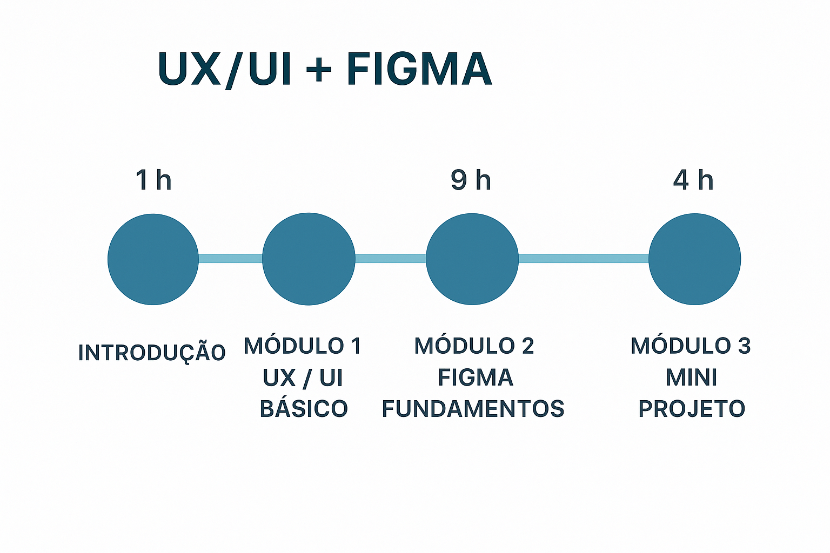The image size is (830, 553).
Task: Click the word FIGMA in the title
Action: [x=419, y=69]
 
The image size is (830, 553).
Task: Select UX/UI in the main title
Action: [x=225, y=69]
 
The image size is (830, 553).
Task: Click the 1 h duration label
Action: [x=153, y=180]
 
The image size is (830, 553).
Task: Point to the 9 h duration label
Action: [x=471, y=180]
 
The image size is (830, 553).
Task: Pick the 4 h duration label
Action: [x=693, y=180]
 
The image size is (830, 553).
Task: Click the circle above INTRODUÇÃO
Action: [x=153, y=259]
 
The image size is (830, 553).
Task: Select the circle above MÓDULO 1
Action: [x=309, y=259]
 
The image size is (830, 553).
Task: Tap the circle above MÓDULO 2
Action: [x=472, y=259]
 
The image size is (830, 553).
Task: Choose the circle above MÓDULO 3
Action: [x=694, y=259]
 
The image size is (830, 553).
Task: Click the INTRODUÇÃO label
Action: [x=152, y=353]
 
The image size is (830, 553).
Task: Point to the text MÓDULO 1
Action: [x=302, y=346]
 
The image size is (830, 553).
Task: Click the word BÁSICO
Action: [x=304, y=409]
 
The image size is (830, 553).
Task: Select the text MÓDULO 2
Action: [x=474, y=346]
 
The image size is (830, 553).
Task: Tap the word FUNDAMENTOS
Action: [x=473, y=409]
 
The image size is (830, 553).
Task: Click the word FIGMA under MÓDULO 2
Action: [x=475, y=377]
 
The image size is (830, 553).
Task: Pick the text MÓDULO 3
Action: [x=691, y=346]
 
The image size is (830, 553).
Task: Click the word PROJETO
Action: [x=692, y=409]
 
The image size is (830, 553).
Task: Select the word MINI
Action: [x=691, y=377]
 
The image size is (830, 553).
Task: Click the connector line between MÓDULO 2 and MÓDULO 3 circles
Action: [x=584, y=259]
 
